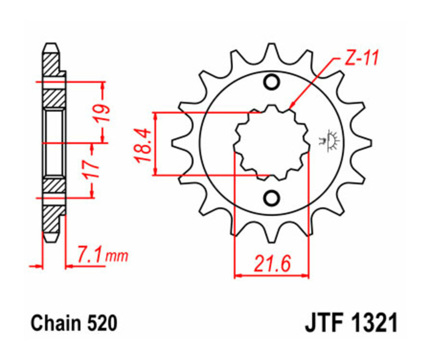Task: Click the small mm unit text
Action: [x=117, y=258]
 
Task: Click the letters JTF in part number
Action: [x=323, y=324]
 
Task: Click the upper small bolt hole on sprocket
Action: [x=272, y=82]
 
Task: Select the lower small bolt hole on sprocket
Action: [x=272, y=197]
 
